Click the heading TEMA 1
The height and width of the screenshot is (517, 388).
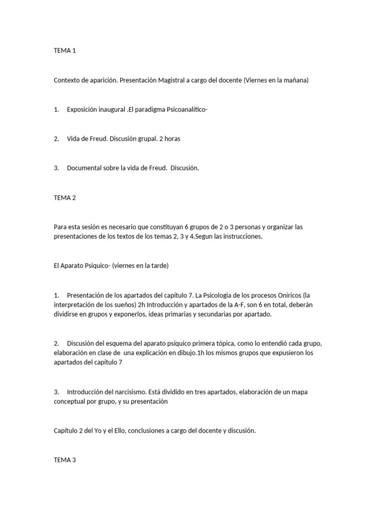65,50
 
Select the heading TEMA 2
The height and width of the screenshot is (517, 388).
65,198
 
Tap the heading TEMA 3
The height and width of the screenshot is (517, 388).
65,460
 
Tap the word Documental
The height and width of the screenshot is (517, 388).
85,168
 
